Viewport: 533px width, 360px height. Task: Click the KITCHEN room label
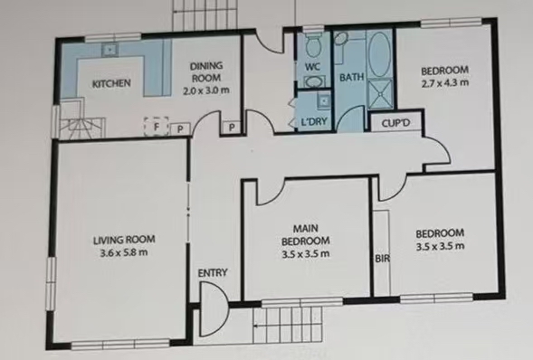(111, 83)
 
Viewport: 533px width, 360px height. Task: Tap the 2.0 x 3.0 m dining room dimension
(206, 90)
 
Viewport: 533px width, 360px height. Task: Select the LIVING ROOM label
(124, 240)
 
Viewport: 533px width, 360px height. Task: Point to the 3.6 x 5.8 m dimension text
(124, 252)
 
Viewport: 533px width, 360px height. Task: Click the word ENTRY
(213, 273)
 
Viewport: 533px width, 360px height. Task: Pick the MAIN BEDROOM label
(306, 234)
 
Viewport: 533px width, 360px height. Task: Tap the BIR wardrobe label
(382, 259)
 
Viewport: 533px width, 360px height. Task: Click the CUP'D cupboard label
(395, 123)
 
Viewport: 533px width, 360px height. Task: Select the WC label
(312, 67)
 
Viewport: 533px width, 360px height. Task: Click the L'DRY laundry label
(314, 121)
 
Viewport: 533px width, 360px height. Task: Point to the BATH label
(352, 77)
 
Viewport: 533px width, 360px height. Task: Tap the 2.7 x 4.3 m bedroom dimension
(445, 83)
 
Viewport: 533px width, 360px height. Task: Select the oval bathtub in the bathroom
(380, 54)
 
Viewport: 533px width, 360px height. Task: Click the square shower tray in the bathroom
(380, 93)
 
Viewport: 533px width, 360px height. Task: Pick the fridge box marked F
(157, 127)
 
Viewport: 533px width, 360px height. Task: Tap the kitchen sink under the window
(109, 50)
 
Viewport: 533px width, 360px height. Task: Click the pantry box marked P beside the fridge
(180, 128)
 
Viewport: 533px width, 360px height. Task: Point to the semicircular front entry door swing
(213, 308)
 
